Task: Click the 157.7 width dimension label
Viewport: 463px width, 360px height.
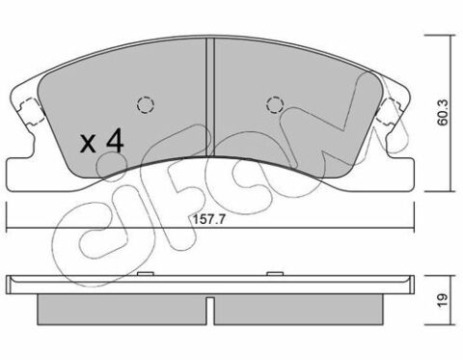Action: pyautogui.click(x=208, y=219)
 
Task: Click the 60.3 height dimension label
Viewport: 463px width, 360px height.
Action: pyautogui.click(x=443, y=112)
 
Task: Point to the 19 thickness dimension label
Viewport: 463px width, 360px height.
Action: pyautogui.click(x=443, y=300)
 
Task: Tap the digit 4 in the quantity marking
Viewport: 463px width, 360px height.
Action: pyautogui.click(x=115, y=140)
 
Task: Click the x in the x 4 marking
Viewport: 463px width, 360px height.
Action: pyautogui.click(x=88, y=144)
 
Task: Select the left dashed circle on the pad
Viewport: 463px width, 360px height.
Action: pyautogui.click(x=146, y=104)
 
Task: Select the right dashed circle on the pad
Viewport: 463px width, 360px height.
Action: pyautogui.click(x=275, y=104)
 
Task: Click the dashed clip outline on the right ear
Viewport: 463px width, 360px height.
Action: pyautogui.click(x=389, y=112)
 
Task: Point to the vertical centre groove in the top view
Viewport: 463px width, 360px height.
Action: pyautogui.click(x=210, y=97)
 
